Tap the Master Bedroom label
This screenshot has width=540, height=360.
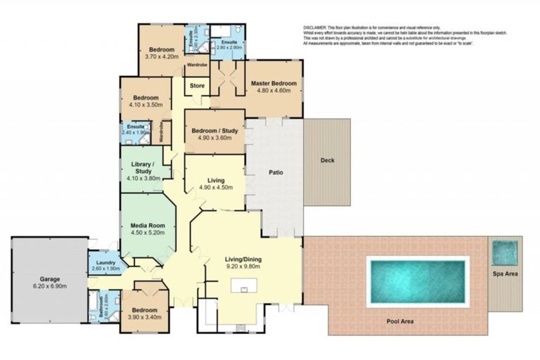[x=274, y=83]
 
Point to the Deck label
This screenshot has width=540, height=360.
[x=327, y=160]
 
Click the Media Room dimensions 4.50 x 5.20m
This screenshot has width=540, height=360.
[x=147, y=234]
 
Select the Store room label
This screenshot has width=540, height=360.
[x=197, y=86]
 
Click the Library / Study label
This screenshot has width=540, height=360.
[x=142, y=169]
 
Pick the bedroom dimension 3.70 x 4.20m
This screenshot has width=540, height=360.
[x=161, y=58]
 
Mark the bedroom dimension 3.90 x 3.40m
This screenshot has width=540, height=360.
[x=146, y=316]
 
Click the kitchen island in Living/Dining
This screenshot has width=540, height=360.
[x=246, y=288]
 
